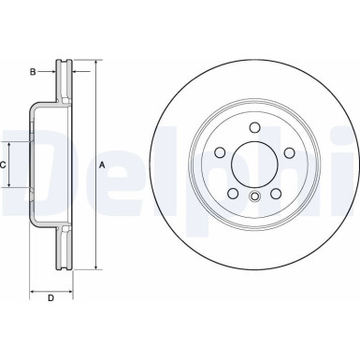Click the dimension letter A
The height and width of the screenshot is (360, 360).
102,166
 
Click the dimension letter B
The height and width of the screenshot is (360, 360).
32,70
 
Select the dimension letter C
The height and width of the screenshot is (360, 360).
4,165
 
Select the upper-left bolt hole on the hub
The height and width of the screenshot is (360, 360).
219,152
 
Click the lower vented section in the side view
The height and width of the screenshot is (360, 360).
65,248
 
